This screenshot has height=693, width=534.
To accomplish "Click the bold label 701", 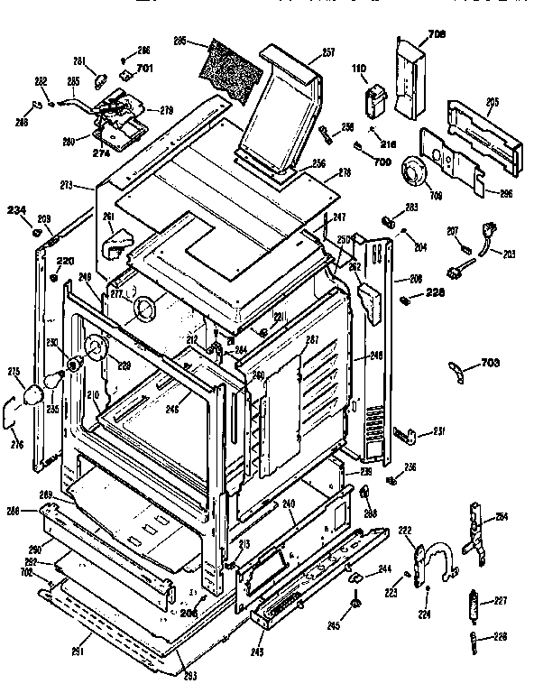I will pos(145,68).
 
